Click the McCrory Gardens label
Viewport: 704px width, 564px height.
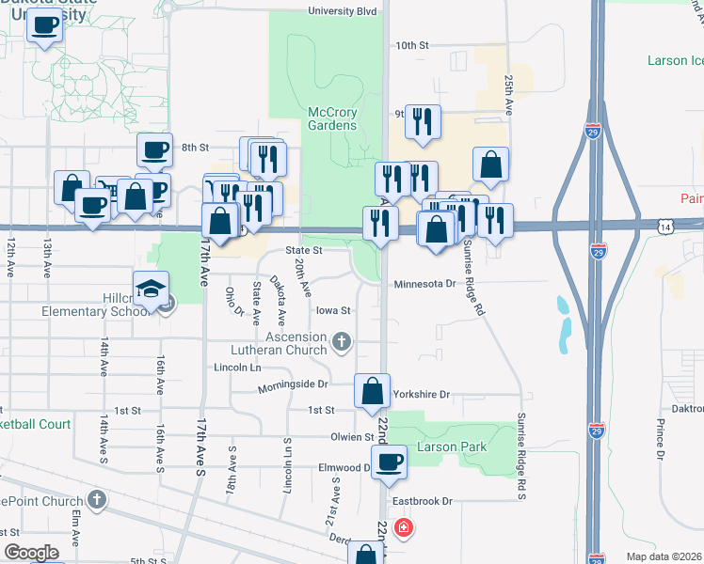click(x=333, y=118)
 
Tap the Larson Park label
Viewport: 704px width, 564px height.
click(x=454, y=446)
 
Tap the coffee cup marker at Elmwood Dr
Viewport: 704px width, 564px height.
click(x=390, y=461)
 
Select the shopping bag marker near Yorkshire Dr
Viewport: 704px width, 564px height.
click(x=373, y=390)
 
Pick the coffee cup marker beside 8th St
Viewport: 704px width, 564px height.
click(x=154, y=149)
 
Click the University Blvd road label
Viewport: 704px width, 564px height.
click(x=343, y=11)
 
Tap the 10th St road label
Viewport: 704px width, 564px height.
click(x=411, y=45)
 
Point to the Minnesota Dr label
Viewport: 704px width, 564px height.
click(x=424, y=283)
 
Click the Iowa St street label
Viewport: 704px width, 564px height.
click(x=333, y=310)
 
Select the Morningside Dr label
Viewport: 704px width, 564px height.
click(x=296, y=384)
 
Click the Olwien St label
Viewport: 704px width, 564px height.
click(x=352, y=436)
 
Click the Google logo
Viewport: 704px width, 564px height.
click(x=30, y=553)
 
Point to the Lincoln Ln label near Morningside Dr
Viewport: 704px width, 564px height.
click(x=236, y=367)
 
